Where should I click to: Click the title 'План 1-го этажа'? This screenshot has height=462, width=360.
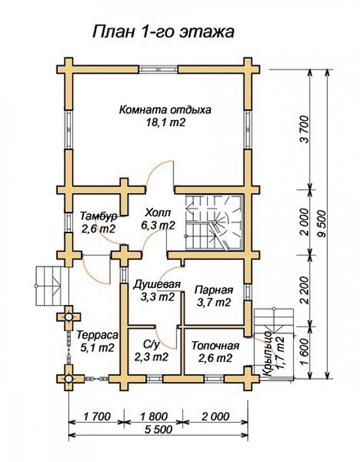pos(164,32)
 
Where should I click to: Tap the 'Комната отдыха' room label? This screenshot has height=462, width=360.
pos(166,110)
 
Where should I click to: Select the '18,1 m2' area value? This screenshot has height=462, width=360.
pos(166,122)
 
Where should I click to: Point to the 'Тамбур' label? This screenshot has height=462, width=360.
pos(99,216)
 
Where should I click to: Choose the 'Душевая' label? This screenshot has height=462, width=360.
pos(156,285)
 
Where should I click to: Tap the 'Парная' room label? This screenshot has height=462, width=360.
pos(214,290)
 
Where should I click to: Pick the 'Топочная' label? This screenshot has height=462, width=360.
pos(215,346)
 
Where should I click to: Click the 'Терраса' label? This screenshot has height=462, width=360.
pos(97,335)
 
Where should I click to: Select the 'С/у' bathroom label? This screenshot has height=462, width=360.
pos(152,344)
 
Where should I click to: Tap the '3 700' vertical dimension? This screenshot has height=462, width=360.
pos(304,129)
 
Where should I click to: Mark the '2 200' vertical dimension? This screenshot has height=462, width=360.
pos(304,290)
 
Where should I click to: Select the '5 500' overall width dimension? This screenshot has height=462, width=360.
pos(158,429)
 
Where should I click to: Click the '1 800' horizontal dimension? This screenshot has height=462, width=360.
pos(154,417)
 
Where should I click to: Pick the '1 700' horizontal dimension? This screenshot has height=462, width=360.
pos(97,417)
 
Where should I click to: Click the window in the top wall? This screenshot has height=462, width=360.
pos(158,70)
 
